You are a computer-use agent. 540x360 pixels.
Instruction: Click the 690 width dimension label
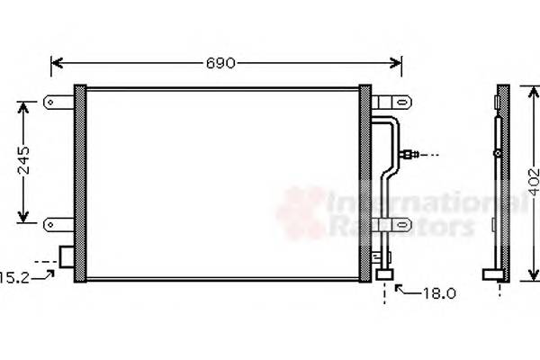coord(220,63)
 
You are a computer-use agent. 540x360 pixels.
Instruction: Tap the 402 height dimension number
coord(532,184)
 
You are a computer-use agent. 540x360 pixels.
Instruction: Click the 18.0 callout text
coord(438,292)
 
